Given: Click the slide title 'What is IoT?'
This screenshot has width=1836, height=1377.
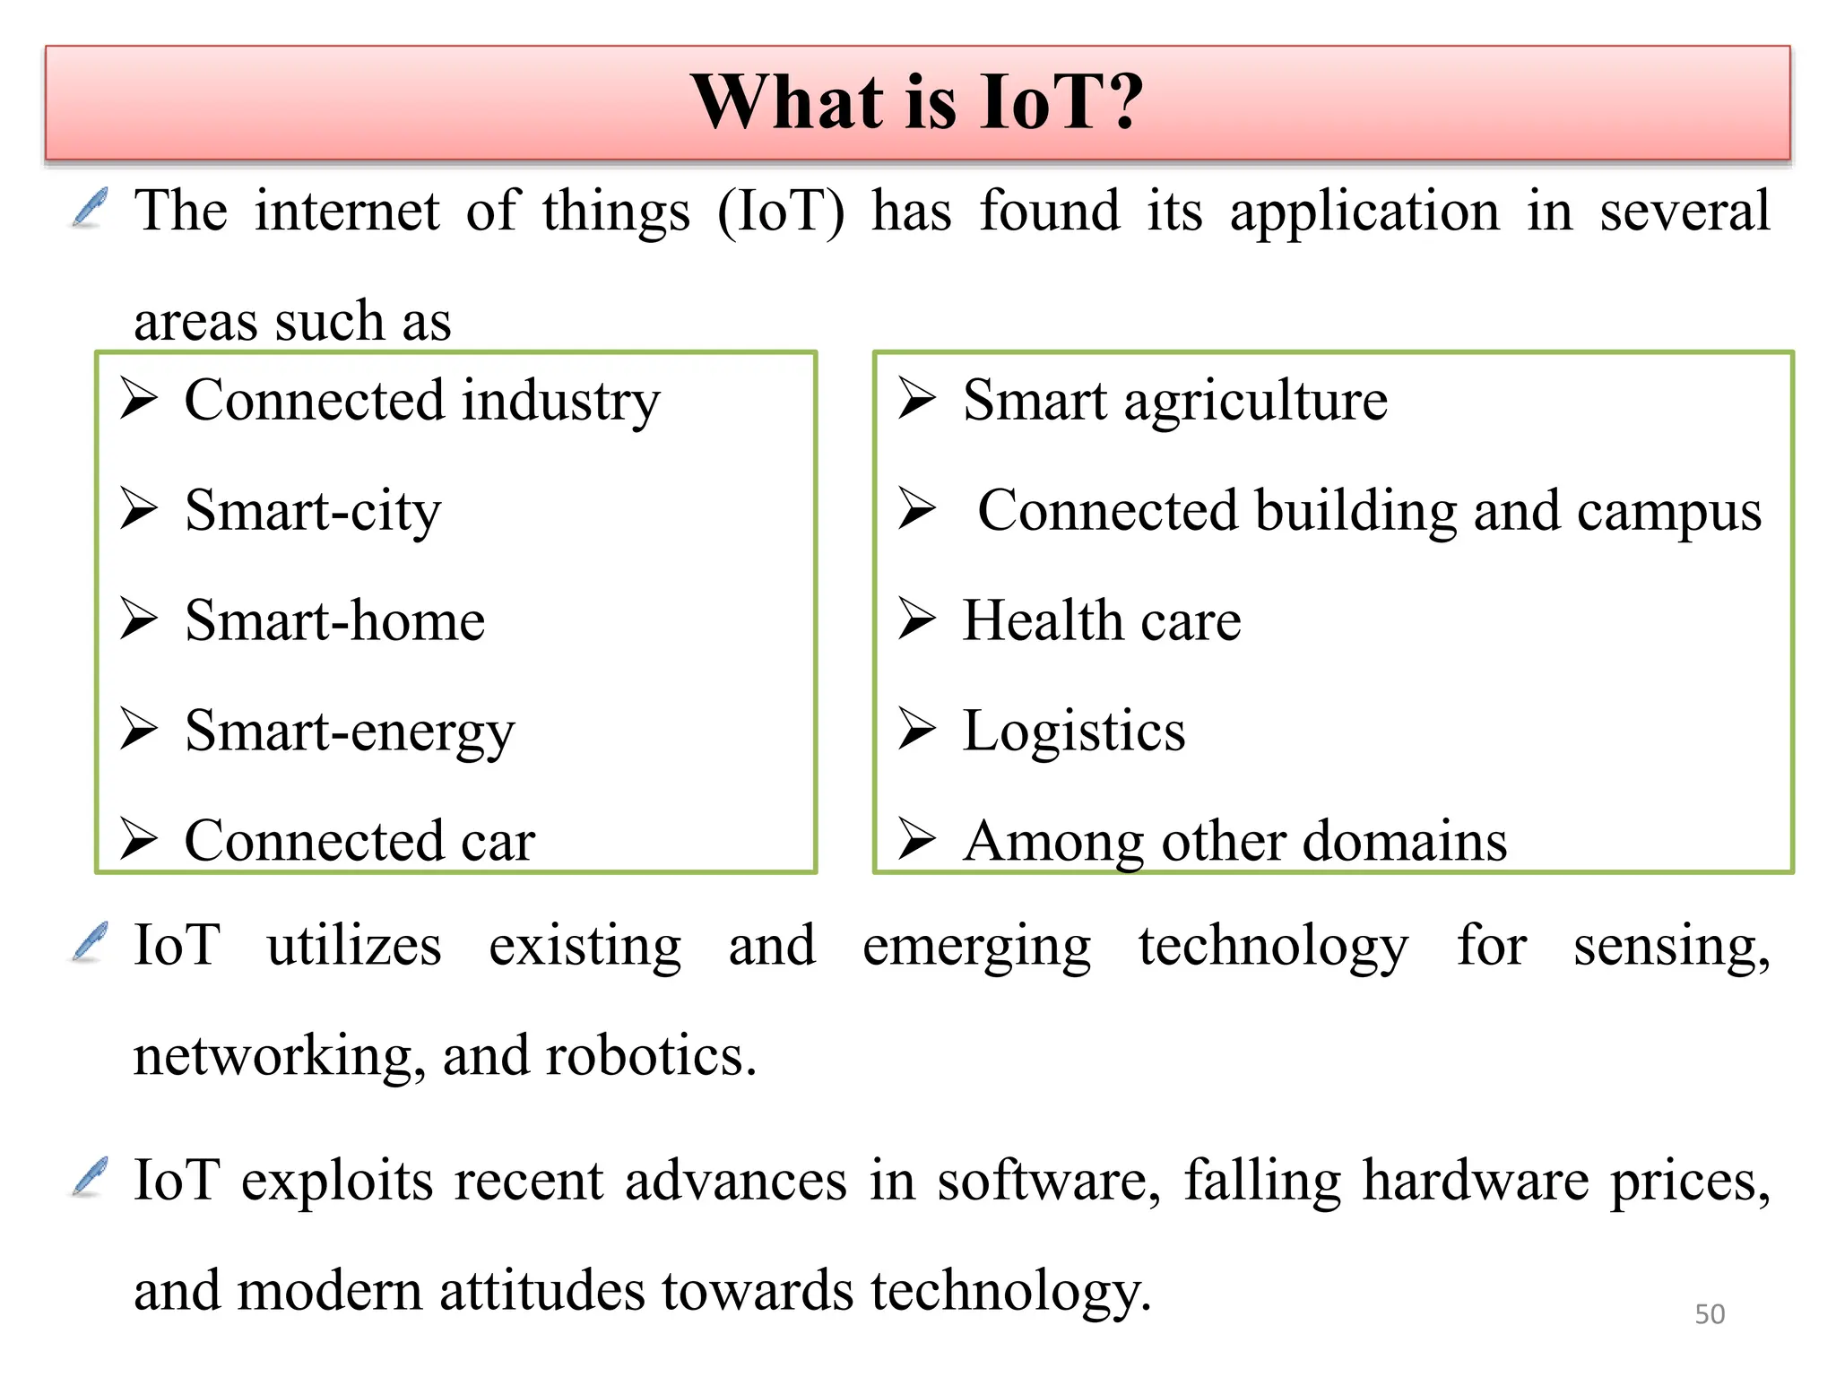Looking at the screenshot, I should tap(917, 102).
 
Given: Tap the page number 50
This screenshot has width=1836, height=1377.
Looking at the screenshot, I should tap(1710, 1313).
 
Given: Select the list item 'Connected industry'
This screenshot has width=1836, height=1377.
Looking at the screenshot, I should tap(421, 400).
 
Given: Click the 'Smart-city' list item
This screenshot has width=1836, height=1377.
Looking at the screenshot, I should tap(313, 511).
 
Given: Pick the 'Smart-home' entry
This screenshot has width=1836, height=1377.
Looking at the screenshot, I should tap(334, 621).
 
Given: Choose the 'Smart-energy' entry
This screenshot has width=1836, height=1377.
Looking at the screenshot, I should tap(350, 732).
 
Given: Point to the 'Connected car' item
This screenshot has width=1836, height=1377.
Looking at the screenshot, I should tap(359, 842).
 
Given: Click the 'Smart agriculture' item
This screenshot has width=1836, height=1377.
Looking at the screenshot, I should tap(1174, 400).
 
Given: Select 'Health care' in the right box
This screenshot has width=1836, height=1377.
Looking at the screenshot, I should tap(1101, 621).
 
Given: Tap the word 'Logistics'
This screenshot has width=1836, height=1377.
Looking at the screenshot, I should tap(1073, 732).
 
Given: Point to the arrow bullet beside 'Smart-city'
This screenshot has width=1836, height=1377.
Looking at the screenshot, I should tap(139, 508).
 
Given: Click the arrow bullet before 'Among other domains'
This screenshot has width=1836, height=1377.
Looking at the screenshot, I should tap(917, 839).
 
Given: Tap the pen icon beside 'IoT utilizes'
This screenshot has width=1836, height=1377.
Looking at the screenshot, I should tap(90, 942).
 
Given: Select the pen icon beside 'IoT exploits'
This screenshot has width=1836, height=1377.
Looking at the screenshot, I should tap(90, 1177).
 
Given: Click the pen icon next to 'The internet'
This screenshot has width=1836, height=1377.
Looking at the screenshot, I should tap(90, 208).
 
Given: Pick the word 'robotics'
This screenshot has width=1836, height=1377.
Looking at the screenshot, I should tap(651, 1056).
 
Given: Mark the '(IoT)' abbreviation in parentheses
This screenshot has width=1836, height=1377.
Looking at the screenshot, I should tap(780, 212).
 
